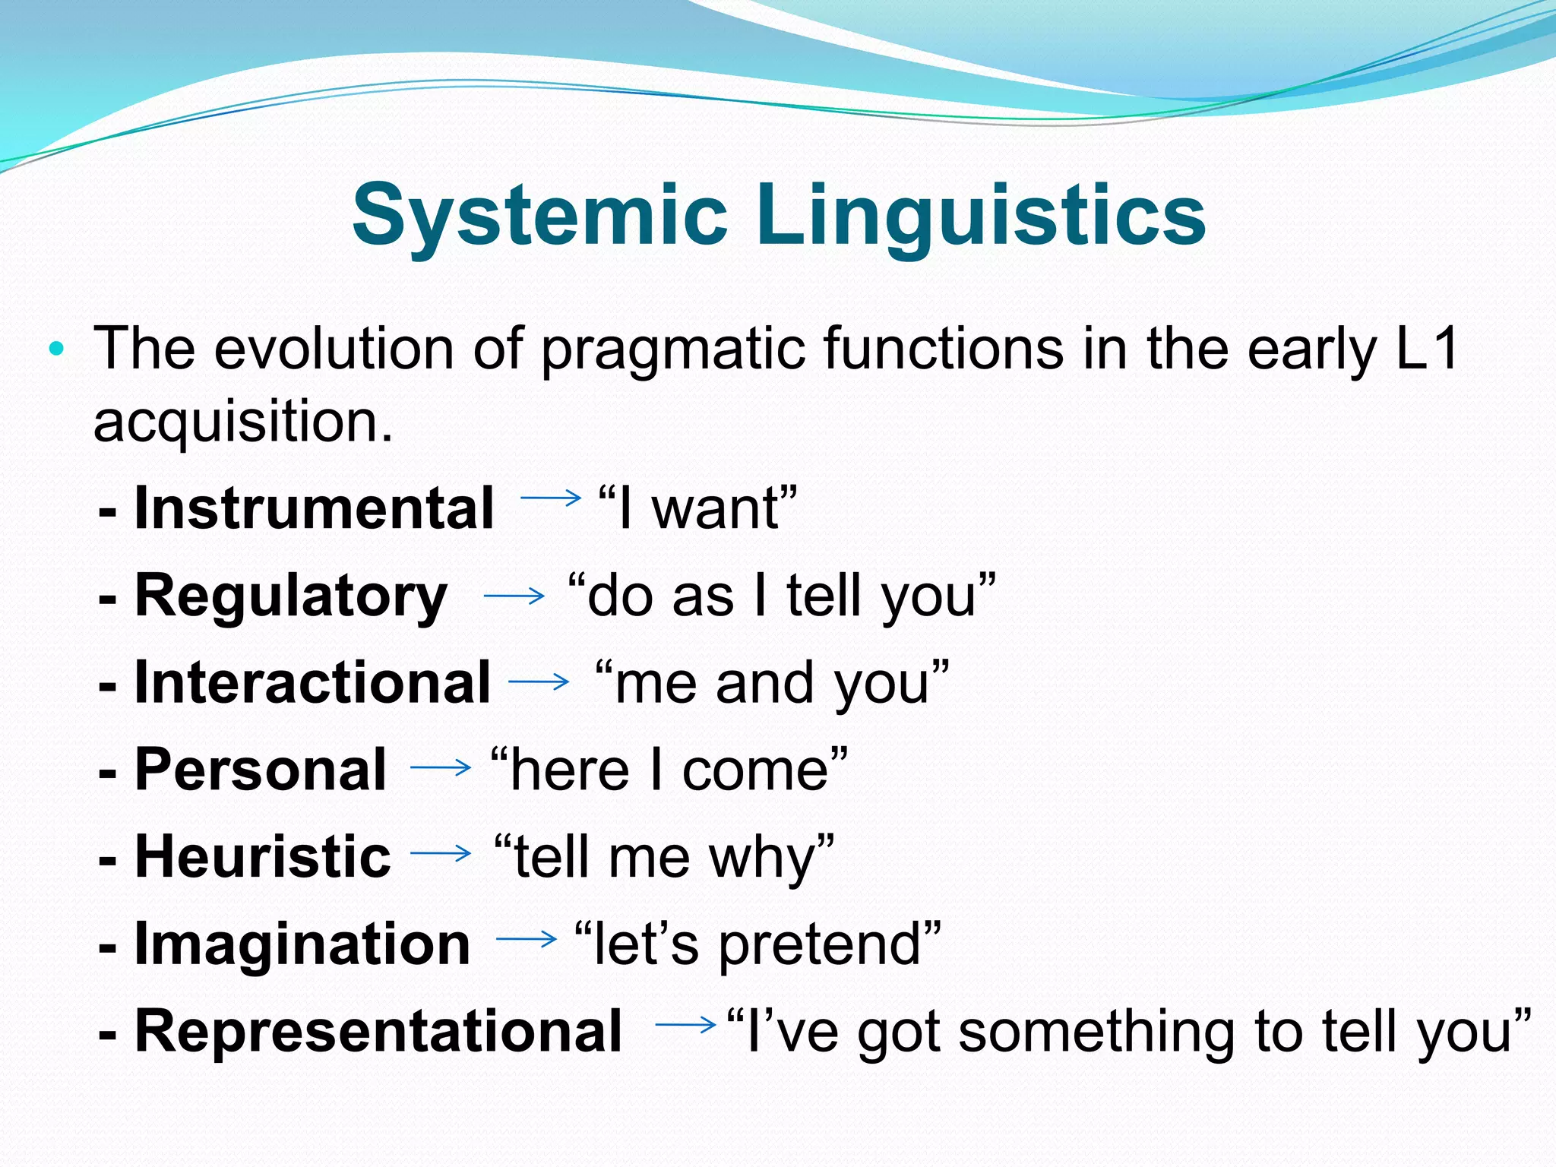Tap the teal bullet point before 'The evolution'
tap(55, 350)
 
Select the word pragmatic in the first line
tap(672, 349)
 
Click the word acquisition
tap(242, 422)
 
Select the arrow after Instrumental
tap(550, 498)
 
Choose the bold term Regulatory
tap(291, 596)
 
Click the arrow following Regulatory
tap(514, 596)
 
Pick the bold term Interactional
tap(312, 682)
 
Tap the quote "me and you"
tap(771, 682)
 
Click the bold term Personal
tap(261, 770)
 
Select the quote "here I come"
tap(669, 770)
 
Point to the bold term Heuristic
tap(262, 856)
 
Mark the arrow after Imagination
tap(527, 939)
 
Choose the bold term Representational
tap(378, 1031)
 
